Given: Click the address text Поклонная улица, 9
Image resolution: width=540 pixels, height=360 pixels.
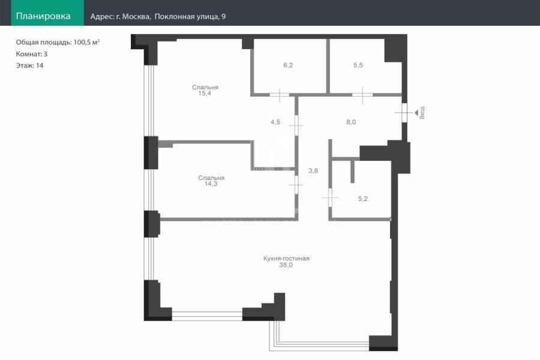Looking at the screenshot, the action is (x=190, y=17).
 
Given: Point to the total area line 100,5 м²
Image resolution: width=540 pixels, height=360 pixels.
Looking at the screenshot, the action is (x=58, y=43).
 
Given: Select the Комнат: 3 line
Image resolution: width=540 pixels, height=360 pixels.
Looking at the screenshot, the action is (x=32, y=54).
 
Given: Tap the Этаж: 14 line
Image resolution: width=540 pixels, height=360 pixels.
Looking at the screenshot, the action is (x=29, y=65).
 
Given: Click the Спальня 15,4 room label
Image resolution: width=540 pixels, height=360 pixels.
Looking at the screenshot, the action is (x=205, y=90).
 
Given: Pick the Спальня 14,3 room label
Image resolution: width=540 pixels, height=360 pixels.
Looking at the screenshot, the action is (x=211, y=181).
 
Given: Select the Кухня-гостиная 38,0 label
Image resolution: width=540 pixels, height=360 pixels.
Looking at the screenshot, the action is (x=286, y=262).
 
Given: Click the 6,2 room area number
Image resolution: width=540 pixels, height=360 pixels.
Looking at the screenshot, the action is (x=288, y=65).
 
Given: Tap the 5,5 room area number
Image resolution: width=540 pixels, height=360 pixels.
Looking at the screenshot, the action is (x=358, y=65).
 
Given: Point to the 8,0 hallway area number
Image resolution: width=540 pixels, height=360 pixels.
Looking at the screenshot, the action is (x=351, y=122).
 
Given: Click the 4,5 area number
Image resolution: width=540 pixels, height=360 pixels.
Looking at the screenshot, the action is (x=275, y=122).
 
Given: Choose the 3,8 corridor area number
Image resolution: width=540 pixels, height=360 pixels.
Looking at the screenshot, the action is (x=313, y=170).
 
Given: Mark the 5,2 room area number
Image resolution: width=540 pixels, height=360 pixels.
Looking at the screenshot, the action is (x=363, y=199).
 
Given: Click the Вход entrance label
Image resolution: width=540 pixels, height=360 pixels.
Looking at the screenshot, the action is (x=422, y=113).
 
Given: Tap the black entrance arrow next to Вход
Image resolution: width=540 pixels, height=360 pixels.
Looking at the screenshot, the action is (x=416, y=113).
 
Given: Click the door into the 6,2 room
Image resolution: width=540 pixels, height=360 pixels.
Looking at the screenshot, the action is (x=279, y=94).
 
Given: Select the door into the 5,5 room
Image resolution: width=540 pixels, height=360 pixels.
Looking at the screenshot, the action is (x=362, y=94).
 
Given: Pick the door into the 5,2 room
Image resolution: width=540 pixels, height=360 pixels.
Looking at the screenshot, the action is (x=330, y=198).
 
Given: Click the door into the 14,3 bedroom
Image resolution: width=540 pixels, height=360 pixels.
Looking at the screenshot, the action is (x=296, y=185).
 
